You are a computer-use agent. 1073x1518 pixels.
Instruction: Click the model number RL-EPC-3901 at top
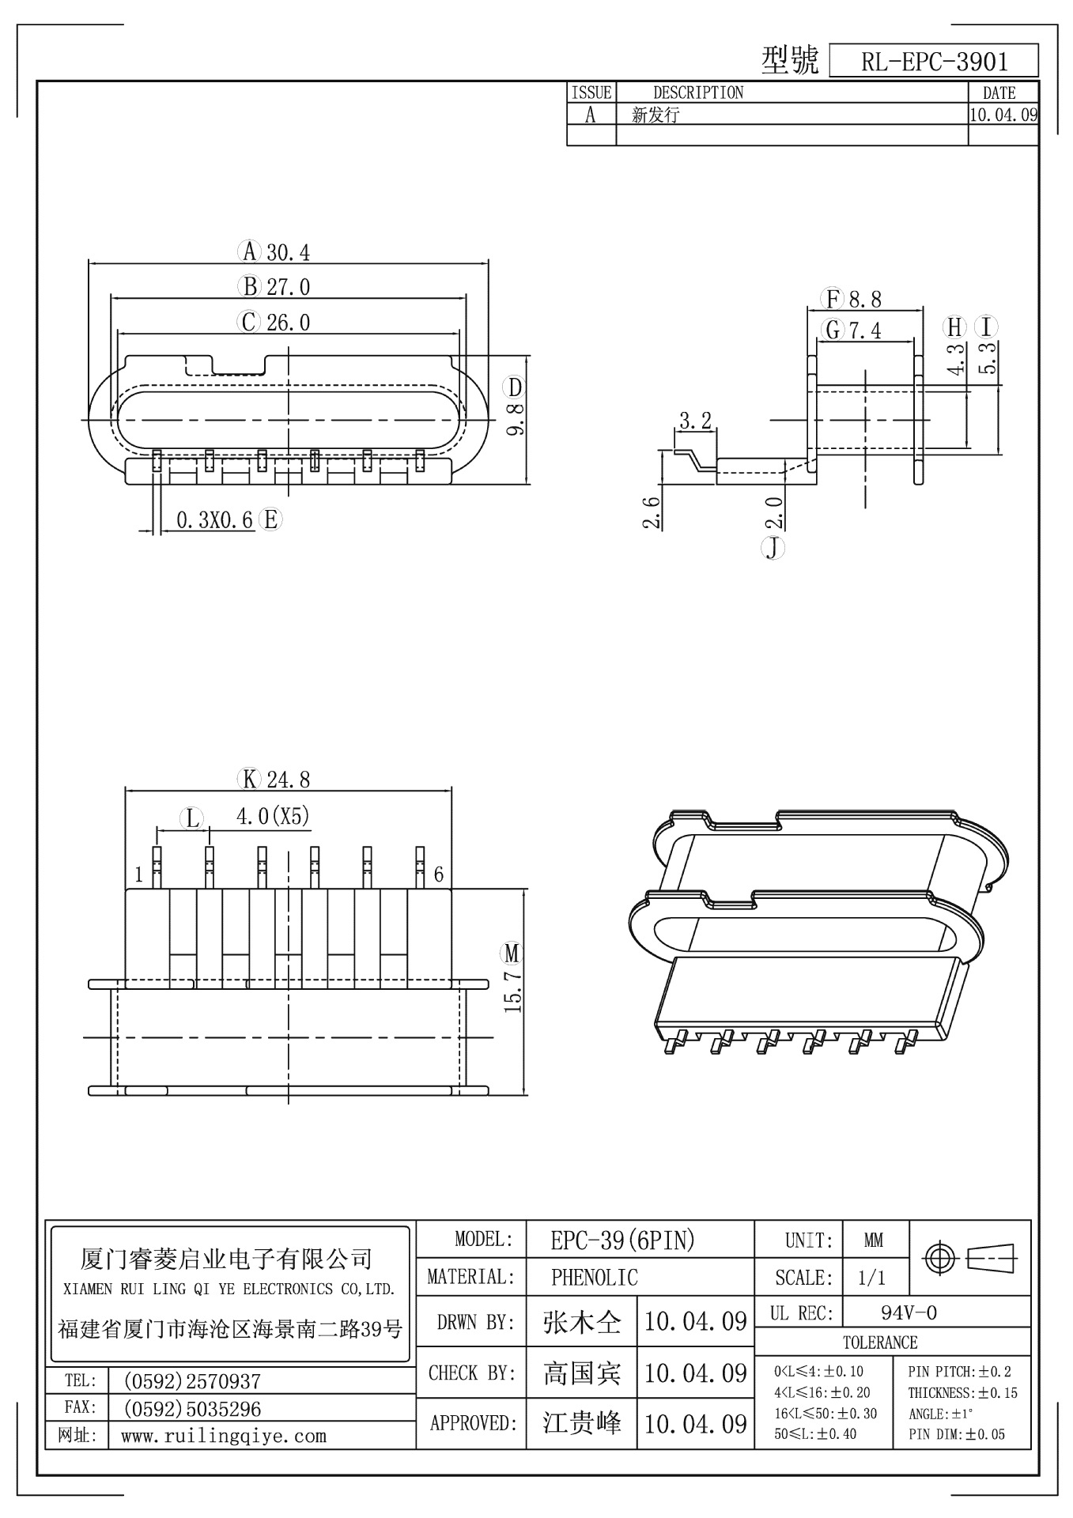[x=934, y=62]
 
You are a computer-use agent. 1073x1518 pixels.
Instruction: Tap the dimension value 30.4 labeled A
[x=288, y=252]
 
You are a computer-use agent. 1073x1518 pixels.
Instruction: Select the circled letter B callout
[x=249, y=286]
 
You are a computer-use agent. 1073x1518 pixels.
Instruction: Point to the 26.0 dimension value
[x=288, y=322]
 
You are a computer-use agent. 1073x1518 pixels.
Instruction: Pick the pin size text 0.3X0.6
[x=214, y=520]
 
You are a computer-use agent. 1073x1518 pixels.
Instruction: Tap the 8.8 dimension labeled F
[x=865, y=300]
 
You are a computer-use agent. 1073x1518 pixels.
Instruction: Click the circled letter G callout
[x=833, y=329]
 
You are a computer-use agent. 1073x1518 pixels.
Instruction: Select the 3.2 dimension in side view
[x=695, y=421]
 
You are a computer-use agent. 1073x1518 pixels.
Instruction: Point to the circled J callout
[x=773, y=548]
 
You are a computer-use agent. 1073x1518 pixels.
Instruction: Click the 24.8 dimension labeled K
[x=288, y=780]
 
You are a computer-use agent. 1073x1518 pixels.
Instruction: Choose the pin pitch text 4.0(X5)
[x=273, y=816]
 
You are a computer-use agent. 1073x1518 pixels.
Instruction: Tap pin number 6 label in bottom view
[x=438, y=874]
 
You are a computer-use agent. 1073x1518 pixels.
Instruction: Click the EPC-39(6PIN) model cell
[x=622, y=1241]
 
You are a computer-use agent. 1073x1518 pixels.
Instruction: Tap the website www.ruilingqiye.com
[x=224, y=1436]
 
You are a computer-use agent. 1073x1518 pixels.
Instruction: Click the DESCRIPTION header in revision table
[x=698, y=93]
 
